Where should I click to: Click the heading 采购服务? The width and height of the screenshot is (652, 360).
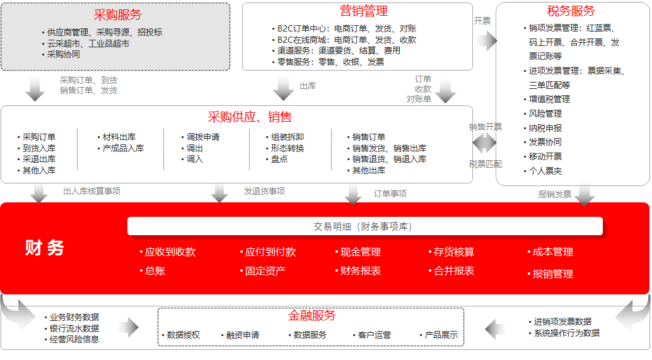point(118,15)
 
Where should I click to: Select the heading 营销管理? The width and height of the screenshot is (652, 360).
point(364,11)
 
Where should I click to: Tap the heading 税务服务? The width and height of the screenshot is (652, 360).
point(571,11)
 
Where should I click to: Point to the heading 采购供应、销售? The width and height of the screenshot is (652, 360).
point(250,117)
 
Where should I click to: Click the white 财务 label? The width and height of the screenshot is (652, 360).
point(45,248)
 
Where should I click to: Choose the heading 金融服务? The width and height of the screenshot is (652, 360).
point(312,315)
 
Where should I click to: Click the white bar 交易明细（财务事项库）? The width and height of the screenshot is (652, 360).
point(364,226)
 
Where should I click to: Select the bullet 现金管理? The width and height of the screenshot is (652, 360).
point(358,252)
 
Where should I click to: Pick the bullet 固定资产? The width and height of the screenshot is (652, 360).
point(263,271)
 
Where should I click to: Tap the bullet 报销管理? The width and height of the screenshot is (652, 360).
point(550,274)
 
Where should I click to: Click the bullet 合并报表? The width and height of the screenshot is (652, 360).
point(451,271)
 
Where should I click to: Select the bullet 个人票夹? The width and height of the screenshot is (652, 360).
point(543,171)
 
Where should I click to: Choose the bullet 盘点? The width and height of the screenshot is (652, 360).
point(277,160)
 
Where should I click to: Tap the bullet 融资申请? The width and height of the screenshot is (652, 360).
point(240,335)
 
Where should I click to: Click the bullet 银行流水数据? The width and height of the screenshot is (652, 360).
point(72,328)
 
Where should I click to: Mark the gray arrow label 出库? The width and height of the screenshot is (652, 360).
point(308,86)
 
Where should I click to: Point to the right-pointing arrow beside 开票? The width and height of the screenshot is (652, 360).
point(487,41)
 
